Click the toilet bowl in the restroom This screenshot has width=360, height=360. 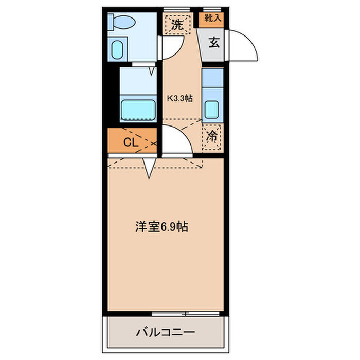click(x=124, y=22)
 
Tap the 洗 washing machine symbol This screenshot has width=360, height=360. click(x=178, y=25)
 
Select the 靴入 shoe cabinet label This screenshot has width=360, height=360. click(x=213, y=18)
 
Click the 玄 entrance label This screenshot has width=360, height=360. click(x=214, y=43)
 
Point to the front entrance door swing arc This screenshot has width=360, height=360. click(x=251, y=41)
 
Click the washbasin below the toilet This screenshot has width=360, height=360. click(x=117, y=49)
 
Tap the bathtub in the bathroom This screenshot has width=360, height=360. click(x=138, y=110)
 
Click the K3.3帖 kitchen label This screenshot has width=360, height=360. click(x=179, y=99)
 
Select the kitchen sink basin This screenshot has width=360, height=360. click(x=211, y=110)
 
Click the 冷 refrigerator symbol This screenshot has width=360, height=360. click(x=211, y=137)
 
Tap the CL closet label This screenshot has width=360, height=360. click(x=131, y=142)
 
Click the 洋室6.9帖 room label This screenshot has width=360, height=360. click(x=161, y=227)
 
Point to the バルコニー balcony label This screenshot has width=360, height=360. click(x=166, y=332)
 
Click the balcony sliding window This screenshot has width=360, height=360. click(x=186, y=314)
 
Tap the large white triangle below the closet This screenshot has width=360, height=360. click(x=149, y=168)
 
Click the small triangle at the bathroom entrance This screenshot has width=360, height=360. click(x=152, y=71)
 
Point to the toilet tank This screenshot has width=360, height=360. click(x=111, y=22)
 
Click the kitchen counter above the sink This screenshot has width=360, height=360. click(x=213, y=78)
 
